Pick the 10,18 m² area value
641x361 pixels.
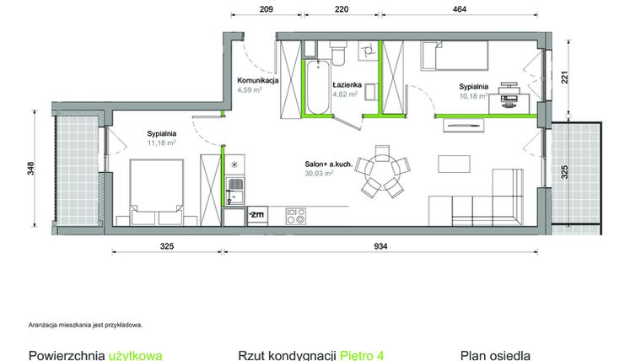coord(473,95)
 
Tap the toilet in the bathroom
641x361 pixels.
coord(337,55)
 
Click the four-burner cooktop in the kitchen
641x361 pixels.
coord(296,216)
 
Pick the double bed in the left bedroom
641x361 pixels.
coord(157,190)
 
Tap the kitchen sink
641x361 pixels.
coord(236,190)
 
